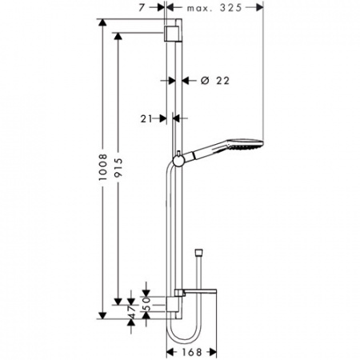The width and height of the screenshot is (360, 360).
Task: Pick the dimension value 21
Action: click(146, 118)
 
